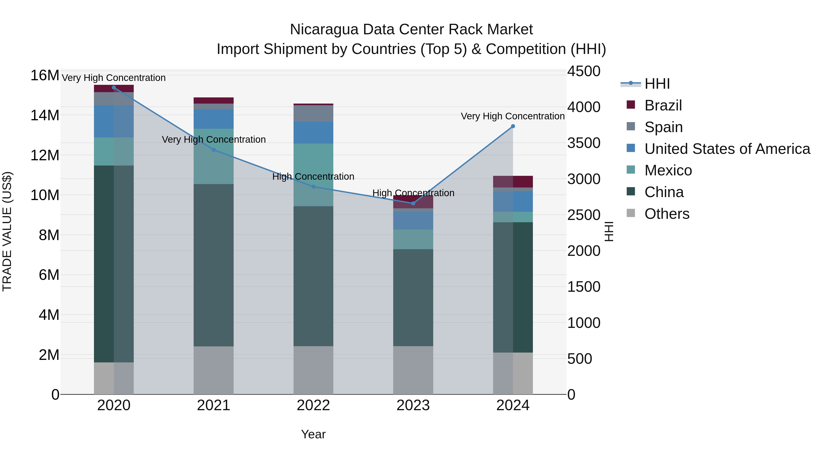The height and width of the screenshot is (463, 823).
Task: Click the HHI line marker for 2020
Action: click(114, 88)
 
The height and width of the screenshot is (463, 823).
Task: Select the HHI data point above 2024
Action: click(513, 126)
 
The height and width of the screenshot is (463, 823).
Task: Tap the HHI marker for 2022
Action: click(313, 187)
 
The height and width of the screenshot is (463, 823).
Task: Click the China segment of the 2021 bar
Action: click(214, 265)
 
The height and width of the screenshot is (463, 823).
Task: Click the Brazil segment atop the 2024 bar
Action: click(513, 182)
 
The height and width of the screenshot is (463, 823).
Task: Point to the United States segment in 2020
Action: click(114, 121)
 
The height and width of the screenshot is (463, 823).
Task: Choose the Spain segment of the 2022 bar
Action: click(313, 113)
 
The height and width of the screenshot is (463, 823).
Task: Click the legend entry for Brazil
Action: click(663, 105)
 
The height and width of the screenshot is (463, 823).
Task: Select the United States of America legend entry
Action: click(727, 149)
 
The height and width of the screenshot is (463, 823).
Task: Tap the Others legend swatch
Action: click(631, 213)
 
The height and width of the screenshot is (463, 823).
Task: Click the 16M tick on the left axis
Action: click(45, 76)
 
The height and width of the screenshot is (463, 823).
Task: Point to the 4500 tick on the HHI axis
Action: click(583, 71)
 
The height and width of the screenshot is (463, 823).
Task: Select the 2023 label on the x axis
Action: click(413, 405)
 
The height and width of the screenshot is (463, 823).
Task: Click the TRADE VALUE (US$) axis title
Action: click(7, 231)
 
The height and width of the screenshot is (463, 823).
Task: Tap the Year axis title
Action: click(313, 434)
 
